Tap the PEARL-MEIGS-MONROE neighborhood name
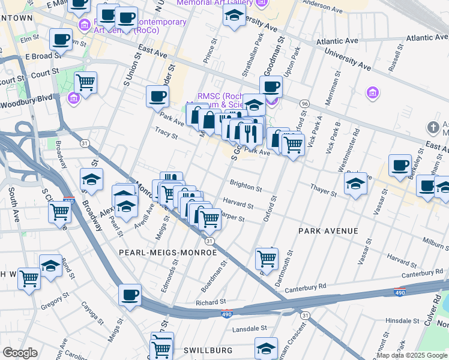[167, 253]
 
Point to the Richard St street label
[210, 302]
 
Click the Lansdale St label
[249, 328]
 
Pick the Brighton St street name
[246, 188]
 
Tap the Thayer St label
[324, 190]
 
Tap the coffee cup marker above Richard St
[130, 295]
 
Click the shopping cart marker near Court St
[86, 81]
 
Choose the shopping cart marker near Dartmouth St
[267, 259]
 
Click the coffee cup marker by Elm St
[61, 39]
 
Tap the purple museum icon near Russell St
[373, 92]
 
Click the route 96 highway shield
[305, 104]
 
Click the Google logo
[20, 353]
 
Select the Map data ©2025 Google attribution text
[411, 355]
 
